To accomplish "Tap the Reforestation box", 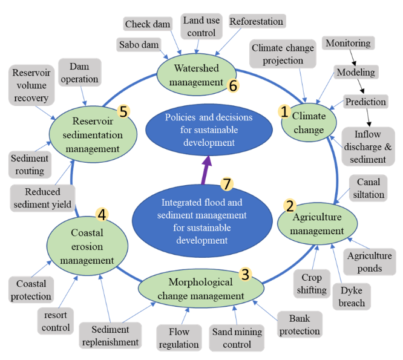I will [x=256, y=22].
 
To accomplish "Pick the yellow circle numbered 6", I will [x=232, y=85].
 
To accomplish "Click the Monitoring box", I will [x=347, y=44].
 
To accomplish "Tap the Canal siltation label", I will [x=369, y=188].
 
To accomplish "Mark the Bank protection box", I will [x=300, y=324].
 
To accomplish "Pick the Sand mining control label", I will [x=237, y=338].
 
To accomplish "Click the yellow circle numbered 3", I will [x=245, y=274].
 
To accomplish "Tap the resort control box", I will [x=56, y=321].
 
